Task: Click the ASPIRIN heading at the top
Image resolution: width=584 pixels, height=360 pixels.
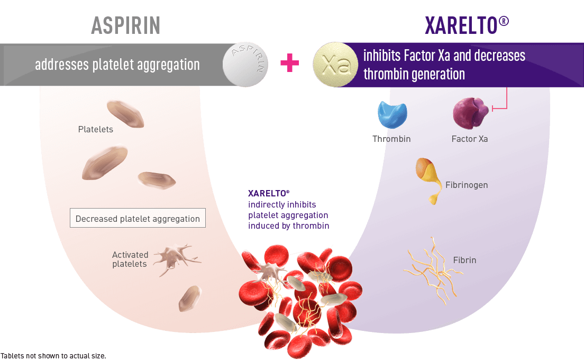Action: pos(126,25)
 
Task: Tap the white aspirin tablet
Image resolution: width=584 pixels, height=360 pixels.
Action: pos(245,65)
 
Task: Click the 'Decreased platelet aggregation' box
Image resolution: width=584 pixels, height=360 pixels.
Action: pos(138,219)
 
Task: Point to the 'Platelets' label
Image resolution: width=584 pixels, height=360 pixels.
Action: pos(96,129)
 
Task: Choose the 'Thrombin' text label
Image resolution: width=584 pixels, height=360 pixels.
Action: pos(391,139)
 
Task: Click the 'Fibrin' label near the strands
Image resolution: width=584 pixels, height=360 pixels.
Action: pos(464,260)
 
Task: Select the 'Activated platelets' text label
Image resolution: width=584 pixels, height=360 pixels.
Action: pos(130,259)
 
